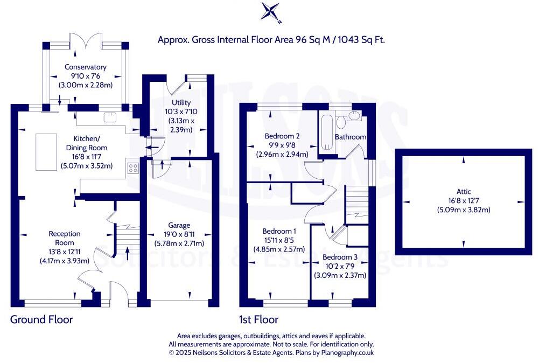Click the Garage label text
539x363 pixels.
[178, 225]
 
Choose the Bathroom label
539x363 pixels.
[350, 137]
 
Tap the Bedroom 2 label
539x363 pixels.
[282, 136]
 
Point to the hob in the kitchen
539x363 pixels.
[132, 167]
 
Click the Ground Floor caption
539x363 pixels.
[41, 320]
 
